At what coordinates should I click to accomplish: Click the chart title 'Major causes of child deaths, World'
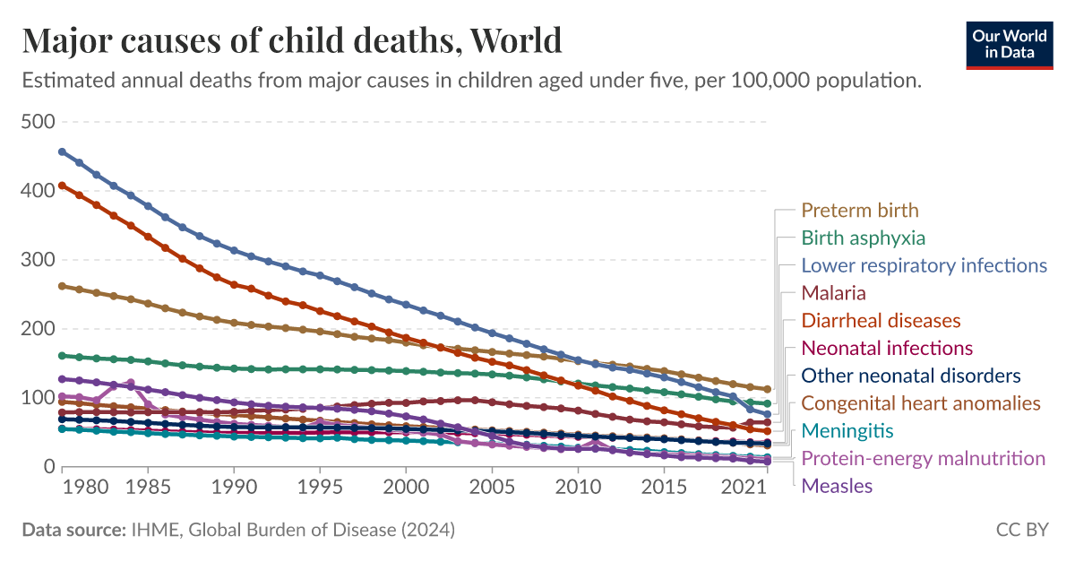pyautogui.click(x=292, y=40)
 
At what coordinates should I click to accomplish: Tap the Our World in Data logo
pyautogui.click(x=1009, y=42)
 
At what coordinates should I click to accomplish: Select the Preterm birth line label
pyautogui.click(x=859, y=211)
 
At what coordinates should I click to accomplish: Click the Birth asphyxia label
pyautogui.click(x=863, y=238)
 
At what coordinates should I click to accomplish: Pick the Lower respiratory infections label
pyautogui.click(x=924, y=265)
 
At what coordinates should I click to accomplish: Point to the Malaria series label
pyautogui.click(x=833, y=293)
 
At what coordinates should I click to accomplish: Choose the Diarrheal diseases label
pyautogui.click(x=881, y=320)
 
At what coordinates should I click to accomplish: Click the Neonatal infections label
pyautogui.click(x=887, y=348)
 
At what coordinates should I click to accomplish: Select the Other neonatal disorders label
pyautogui.click(x=911, y=376)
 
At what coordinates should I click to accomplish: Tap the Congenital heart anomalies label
pyautogui.click(x=921, y=403)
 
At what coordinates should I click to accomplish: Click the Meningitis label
pyautogui.click(x=847, y=431)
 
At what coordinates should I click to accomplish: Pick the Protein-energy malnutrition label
pyautogui.click(x=923, y=459)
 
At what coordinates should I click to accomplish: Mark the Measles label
pyautogui.click(x=836, y=486)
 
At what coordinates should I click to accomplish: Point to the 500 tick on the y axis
pyautogui.click(x=38, y=122)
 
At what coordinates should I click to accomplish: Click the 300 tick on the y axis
pyautogui.click(x=38, y=260)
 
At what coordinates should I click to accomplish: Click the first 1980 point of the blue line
pyautogui.click(x=62, y=151)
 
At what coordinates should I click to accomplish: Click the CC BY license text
pyautogui.click(x=1021, y=531)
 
